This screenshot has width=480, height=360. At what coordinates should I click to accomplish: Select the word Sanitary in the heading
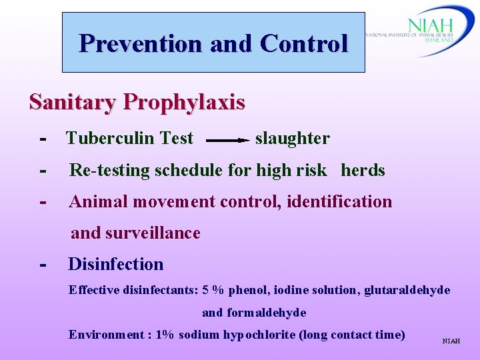[x=73, y=102]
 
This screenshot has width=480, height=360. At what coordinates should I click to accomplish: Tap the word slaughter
[x=292, y=139]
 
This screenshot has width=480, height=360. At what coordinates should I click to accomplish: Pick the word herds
[x=363, y=171]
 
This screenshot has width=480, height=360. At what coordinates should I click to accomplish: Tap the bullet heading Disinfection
[x=116, y=264]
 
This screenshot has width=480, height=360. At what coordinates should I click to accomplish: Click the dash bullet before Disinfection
[x=43, y=264]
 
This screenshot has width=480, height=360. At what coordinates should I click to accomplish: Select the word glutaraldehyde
[x=407, y=291]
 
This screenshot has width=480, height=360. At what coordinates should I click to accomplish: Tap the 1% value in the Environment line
[x=164, y=335]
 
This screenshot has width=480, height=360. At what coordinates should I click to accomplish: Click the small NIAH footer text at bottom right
[x=451, y=341]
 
